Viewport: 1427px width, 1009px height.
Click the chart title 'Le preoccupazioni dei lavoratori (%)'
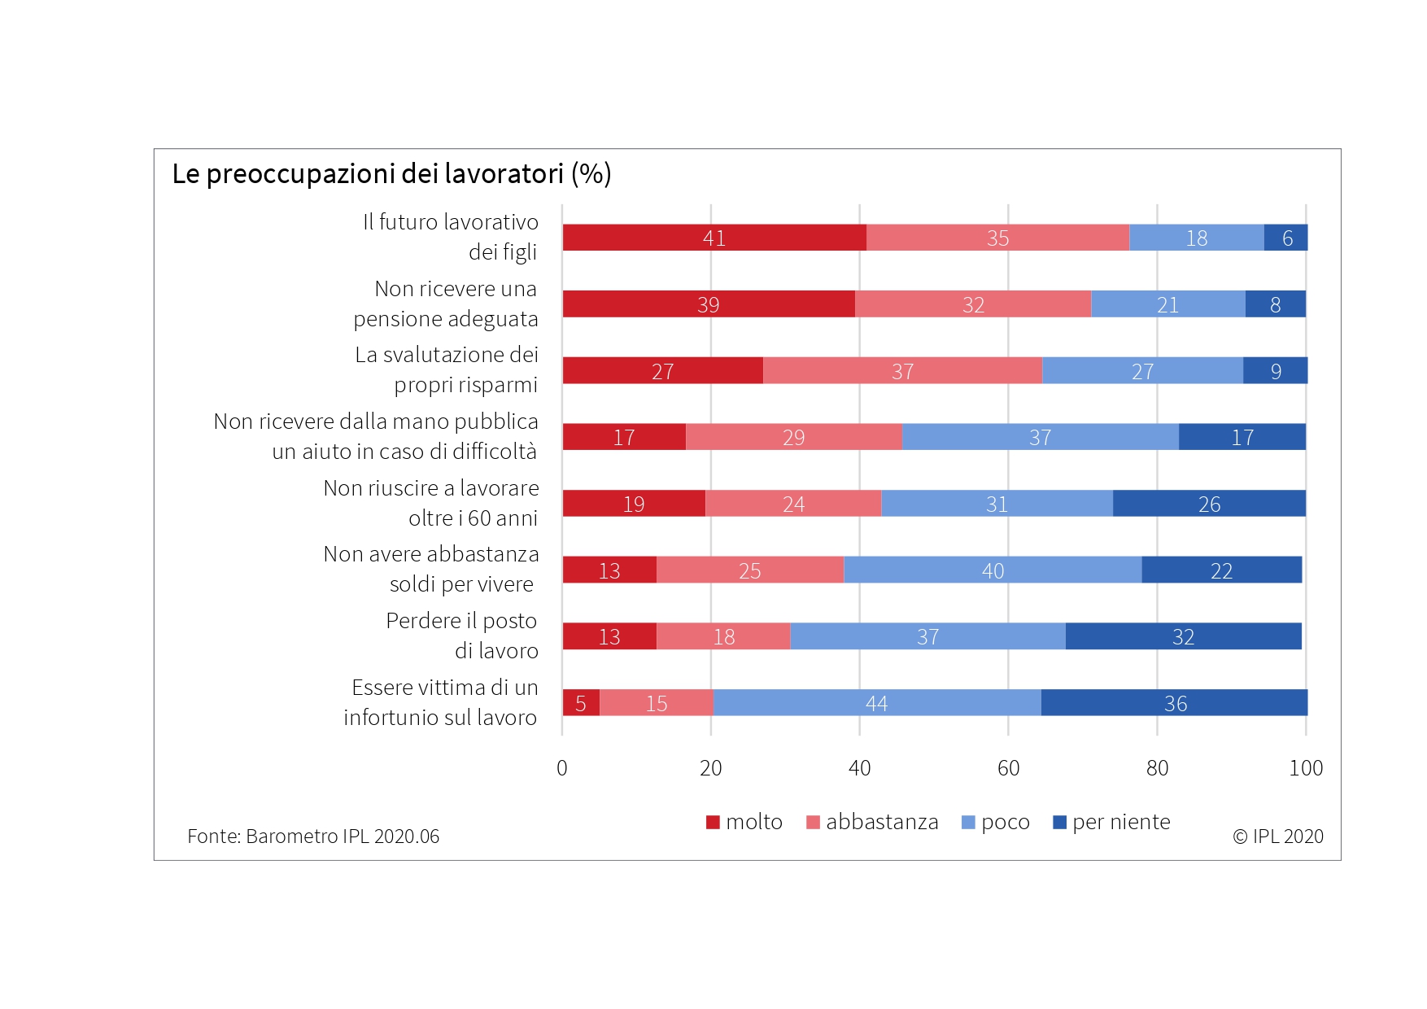[391, 174]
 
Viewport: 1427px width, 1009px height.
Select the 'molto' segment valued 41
[713, 238]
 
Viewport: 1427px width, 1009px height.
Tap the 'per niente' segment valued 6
[1286, 238]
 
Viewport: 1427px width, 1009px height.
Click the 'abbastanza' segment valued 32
[973, 304]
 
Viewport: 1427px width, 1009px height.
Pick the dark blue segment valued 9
[1275, 371]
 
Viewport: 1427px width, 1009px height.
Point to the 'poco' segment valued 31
[997, 504]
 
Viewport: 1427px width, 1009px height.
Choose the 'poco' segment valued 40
[993, 570]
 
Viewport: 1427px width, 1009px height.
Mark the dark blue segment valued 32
[1183, 636]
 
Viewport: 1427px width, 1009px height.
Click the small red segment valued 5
[581, 703]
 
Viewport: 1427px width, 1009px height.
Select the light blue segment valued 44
[876, 703]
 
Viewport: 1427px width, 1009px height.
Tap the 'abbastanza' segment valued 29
[793, 437]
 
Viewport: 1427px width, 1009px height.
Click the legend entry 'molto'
[744, 822]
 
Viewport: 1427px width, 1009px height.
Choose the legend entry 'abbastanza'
[872, 822]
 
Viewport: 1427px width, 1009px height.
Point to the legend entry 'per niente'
[1111, 822]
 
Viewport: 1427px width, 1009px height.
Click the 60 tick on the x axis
[1008, 768]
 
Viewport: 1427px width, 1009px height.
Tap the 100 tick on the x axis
[1306, 768]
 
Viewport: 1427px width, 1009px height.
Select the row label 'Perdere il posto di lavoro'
[461, 636]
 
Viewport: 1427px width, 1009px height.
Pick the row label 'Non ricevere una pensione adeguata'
[446, 304]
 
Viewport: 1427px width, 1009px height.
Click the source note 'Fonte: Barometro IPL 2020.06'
[313, 836]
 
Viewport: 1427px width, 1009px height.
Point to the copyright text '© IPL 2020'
[1277, 836]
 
